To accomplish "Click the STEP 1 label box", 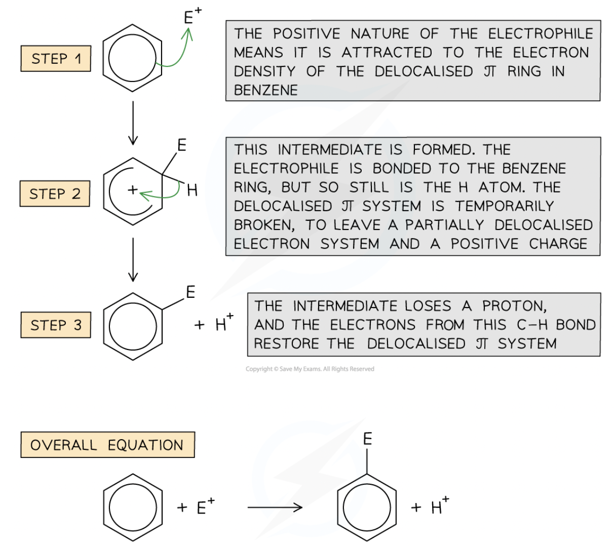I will (56, 58).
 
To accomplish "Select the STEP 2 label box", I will (55, 193).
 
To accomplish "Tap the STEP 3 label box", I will (56, 325).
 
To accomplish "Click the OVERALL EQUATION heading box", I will (107, 445).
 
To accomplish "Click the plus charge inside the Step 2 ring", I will (132, 190).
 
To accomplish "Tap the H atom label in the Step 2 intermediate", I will (192, 190).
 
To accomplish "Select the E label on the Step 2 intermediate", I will (181, 146).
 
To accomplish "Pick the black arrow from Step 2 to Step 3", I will (133, 259).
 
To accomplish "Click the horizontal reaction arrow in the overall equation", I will (275, 507).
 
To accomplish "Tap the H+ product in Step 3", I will (223, 323).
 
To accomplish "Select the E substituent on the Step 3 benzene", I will (190, 292).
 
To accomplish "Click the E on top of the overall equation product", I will (367, 439).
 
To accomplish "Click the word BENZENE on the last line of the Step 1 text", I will (265, 90).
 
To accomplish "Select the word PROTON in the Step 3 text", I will (514, 306).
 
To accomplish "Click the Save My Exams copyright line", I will (310, 369).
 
